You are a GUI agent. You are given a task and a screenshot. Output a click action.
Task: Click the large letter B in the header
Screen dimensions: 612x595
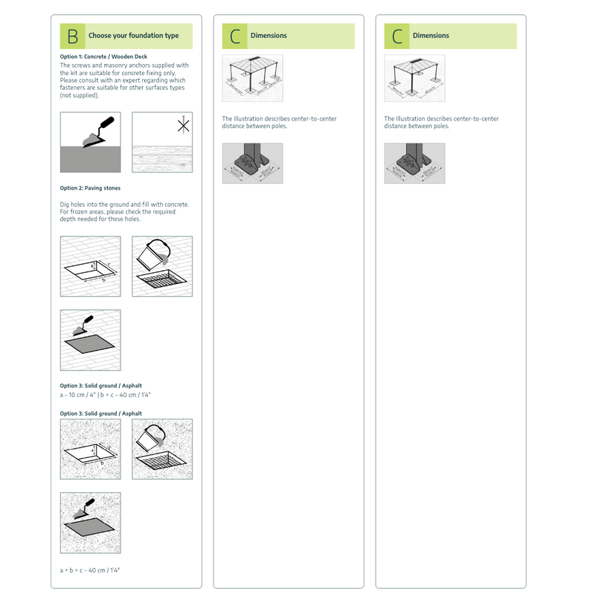72,36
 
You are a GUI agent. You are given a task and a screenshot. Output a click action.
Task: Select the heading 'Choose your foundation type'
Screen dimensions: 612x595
133,36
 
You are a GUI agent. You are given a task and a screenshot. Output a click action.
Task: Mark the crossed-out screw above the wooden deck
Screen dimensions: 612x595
183,125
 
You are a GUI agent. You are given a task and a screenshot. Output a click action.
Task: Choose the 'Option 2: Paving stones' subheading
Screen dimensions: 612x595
90,188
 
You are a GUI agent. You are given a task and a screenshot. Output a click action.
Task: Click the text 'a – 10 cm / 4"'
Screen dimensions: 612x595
77,395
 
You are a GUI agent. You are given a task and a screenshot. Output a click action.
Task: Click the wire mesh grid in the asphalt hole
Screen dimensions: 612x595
162,466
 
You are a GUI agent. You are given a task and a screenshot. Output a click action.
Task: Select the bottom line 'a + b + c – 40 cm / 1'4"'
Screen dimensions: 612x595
89,570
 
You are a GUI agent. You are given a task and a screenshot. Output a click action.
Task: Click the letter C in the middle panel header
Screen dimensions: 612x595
235,36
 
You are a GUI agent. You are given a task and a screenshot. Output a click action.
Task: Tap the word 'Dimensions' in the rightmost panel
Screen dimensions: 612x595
431,36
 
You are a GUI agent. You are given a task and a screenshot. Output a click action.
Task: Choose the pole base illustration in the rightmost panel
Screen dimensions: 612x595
414,164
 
